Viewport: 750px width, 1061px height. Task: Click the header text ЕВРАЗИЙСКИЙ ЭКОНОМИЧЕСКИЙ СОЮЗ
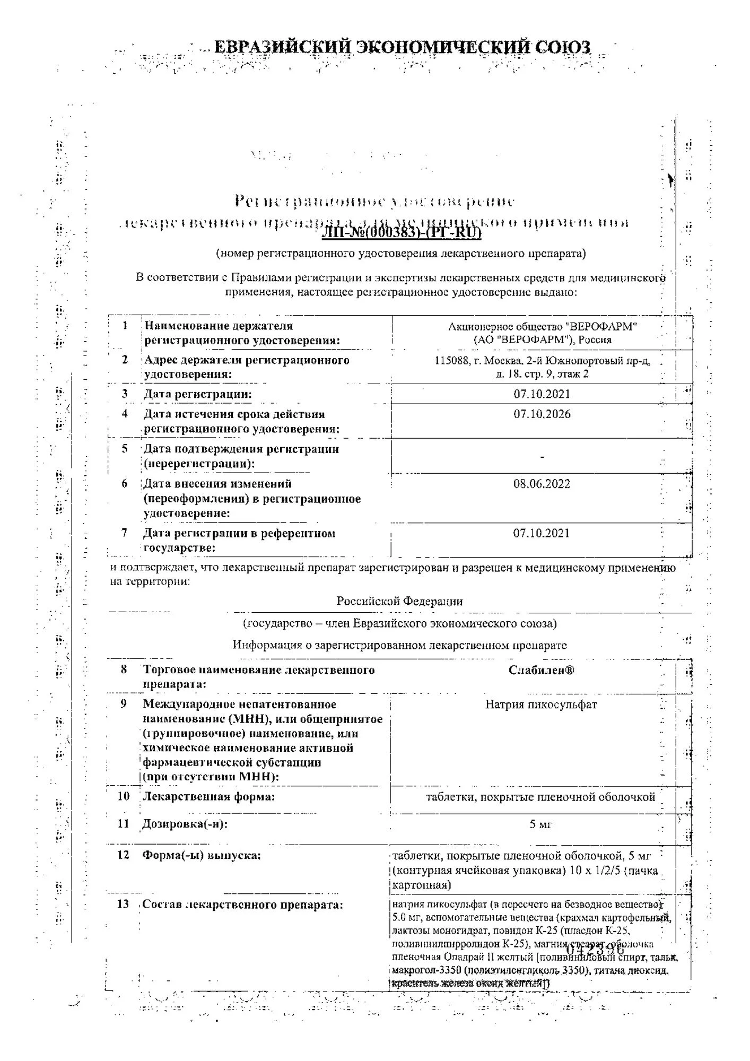(x=402, y=48)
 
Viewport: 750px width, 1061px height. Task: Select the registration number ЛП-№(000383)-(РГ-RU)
(x=402, y=232)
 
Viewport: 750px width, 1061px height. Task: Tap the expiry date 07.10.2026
(x=542, y=414)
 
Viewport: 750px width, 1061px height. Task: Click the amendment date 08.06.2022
(x=542, y=484)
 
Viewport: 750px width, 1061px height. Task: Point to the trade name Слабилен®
(x=542, y=670)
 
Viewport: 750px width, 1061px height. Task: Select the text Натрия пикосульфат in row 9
(x=541, y=705)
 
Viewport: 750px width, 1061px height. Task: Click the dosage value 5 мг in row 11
(x=541, y=824)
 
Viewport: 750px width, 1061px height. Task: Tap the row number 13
(x=123, y=904)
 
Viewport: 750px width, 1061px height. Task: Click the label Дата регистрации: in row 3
(x=198, y=394)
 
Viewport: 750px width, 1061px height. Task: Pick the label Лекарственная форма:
(x=208, y=796)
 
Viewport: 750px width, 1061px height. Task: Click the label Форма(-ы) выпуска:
(x=202, y=855)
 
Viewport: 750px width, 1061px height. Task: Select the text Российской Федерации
(x=399, y=602)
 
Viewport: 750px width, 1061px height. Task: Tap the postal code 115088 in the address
(x=450, y=361)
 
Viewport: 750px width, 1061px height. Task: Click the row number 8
(x=124, y=669)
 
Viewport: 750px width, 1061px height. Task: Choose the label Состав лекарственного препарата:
(x=243, y=905)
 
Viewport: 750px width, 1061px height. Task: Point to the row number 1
(x=125, y=325)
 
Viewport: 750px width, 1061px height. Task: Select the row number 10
(x=123, y=796)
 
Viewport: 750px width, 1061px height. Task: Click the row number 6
(x=125, y=483)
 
